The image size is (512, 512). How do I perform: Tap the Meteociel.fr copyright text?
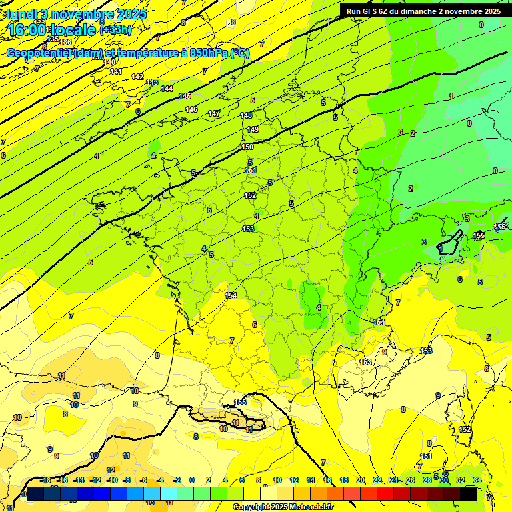pos(283,507)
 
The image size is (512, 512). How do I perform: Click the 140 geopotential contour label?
pos(110,62)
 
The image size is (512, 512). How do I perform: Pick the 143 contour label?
pos(152,82)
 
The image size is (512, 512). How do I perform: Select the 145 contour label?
pos(185,97)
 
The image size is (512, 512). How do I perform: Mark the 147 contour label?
pos(214,113)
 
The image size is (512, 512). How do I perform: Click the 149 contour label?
pos(253,129)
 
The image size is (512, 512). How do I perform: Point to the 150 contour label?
pos(247,147)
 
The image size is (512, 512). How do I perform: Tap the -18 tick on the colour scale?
pos(45,480)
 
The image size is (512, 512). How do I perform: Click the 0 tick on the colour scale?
pos(192,480)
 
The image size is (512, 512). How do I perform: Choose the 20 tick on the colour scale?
pos(360,480)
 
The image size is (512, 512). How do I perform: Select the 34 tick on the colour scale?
pos(477,480)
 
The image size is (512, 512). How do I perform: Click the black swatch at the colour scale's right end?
pos(469,493)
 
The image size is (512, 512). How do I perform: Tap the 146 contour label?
pos(191,109)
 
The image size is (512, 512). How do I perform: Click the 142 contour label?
pos(137,77)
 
